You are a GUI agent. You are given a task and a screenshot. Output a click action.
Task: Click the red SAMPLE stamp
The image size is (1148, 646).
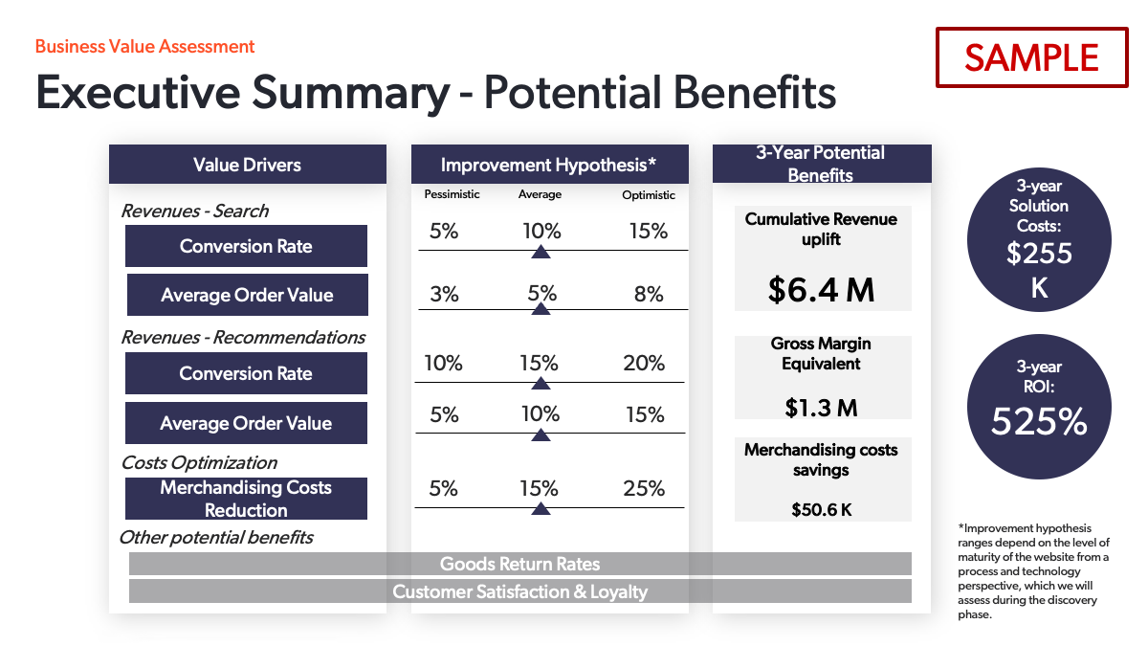pyautogui.click(x=1032, y=57)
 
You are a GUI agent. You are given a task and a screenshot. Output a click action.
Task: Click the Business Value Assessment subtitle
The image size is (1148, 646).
pyautogui.click(x=144, y=46)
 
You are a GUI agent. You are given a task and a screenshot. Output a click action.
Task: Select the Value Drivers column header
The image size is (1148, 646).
pyautogui.click(x=247, y=165)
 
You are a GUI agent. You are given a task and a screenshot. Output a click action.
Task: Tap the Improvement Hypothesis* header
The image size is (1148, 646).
pyautogui.click(x=548, y=165)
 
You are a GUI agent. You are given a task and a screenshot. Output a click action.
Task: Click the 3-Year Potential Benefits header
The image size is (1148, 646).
pyautogui.click(x=821, y=164)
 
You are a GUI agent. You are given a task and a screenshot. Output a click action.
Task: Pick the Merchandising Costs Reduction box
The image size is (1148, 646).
pyautogui.click(x=246, y=499)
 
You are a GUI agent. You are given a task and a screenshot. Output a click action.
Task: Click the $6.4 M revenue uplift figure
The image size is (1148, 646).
pyautogui.click(x=821, y=289)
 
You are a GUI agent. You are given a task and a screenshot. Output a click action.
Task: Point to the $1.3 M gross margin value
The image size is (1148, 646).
pyautogui.click(x=821, y=408)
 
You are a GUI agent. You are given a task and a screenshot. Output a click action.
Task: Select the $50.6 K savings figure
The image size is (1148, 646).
pyautogui.click(x=821, y=509)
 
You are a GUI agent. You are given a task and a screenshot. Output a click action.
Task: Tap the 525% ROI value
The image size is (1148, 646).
pyautogui.click(x=1039, y=421)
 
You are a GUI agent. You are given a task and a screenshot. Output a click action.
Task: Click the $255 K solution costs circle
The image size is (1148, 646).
pyautogui.click(x=1039, y=239)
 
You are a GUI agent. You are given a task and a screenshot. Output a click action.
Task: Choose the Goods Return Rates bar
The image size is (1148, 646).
pyautogui.click(x=519, y=564)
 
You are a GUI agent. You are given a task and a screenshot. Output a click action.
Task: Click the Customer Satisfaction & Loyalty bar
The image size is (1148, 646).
pyautogui.click(x=519, y=591)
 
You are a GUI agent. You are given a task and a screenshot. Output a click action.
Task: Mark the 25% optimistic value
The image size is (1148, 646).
pyautogui.click(x=644, y=488)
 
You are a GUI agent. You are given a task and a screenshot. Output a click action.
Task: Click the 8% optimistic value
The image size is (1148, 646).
pyautogui.click(x=649, y=295)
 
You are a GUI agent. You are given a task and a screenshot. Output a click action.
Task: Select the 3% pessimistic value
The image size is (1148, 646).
pyautogui.click(x=444, y=295)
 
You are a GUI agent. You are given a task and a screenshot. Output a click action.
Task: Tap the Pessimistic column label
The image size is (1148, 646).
pyautogui.click(x=452, y=194)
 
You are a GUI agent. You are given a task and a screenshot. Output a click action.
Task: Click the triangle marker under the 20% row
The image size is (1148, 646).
pyautogui.click(x=541, y=383)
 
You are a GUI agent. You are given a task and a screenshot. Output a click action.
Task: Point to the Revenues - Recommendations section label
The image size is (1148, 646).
pyautogui.click(x=243, y=337)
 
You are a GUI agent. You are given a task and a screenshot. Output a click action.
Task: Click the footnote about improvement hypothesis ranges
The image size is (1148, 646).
pyautogui.click(x=1033, y=571)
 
